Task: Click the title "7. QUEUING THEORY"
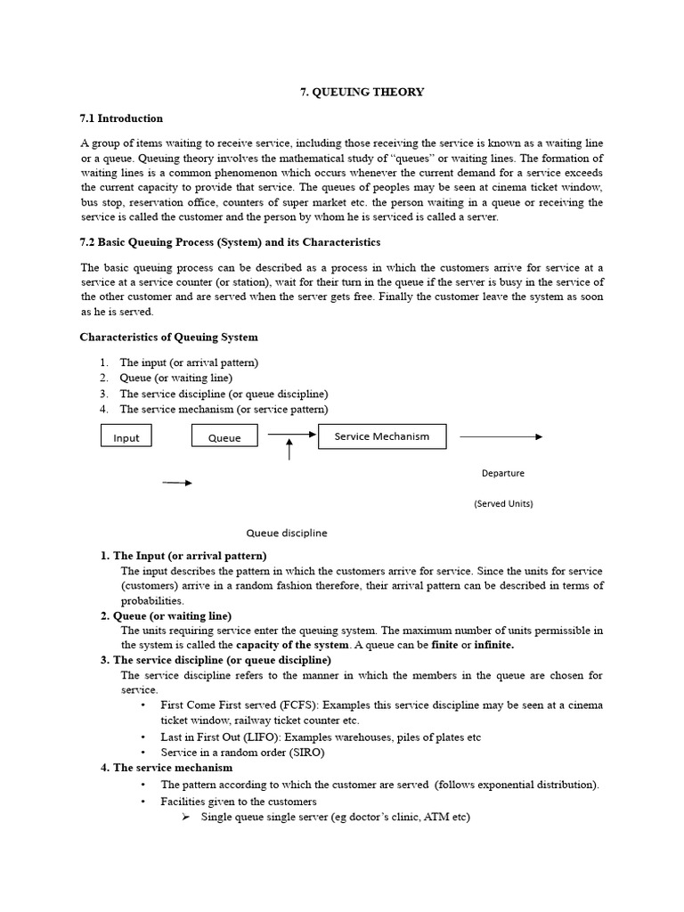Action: click(x=360, y=92)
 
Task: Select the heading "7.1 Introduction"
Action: click(x=121, y=118)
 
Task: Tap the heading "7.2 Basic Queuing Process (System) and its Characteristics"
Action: click(x=230, y=242)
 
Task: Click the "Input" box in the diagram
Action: click(x=126, y=436)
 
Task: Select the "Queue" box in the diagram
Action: click(x=224, y=436)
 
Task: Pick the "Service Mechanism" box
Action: click(x=382, y=436)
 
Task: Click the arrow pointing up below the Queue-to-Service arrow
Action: click(x=289, y=449)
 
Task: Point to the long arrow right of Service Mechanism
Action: click(x=500, y=436)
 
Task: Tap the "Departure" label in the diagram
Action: click(x=502, y=473)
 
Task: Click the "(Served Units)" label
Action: click(x=503, y=503)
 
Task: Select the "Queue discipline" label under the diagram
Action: click(x=287, y=533)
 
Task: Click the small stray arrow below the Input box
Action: click(x=176, y=483)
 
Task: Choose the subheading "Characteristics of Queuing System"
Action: click(x=168, y=337)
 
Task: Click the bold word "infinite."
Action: click(x=494, y=644)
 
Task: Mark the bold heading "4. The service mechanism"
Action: click(x=167, y=767)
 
